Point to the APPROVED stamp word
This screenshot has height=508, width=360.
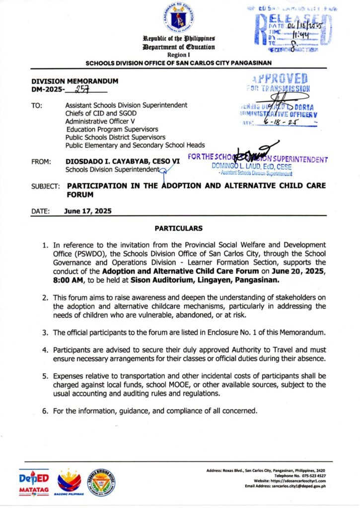pos(280,79)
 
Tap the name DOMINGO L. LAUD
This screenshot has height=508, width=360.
pos(237,166)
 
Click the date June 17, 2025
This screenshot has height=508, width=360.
pos(88,210)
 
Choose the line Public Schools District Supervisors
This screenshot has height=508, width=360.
pos(116,137)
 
